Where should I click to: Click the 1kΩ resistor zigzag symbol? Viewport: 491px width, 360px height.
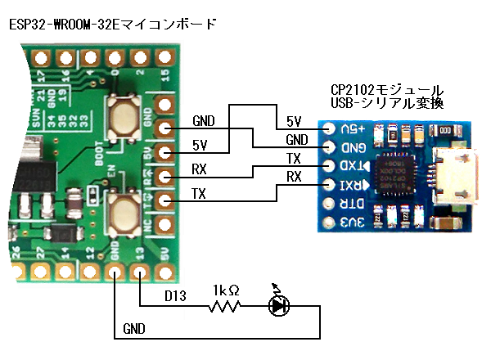[224, 307]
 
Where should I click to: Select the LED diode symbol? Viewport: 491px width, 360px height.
[280, 306]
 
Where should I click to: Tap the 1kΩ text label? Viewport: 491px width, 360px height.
[224, 290]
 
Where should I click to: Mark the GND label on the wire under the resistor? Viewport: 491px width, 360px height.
[135, 328]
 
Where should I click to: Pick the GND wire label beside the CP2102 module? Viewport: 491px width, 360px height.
[297, 139]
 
